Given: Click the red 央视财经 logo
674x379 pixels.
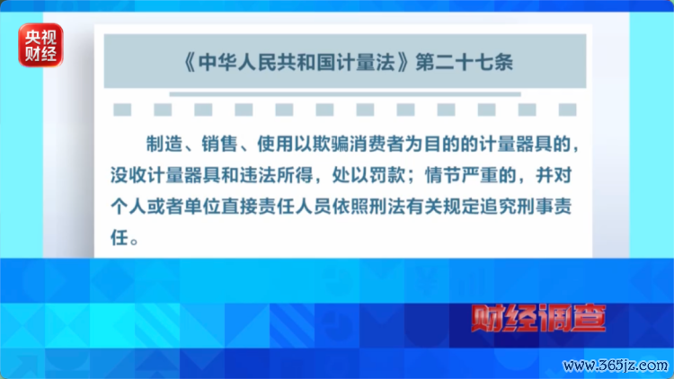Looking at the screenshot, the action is tap(40, 45).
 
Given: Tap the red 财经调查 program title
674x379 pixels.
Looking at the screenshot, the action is tap(538, 318).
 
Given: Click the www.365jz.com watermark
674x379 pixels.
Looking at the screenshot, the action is tap(616, 366).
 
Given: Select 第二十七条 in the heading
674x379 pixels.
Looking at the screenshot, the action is tap(465, 62).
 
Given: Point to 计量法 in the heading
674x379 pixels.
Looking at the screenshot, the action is tap(367, 62).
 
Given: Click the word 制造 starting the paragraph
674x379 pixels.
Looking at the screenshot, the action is tap(164, 144).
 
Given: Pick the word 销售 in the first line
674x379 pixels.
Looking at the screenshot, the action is tap(219, 144).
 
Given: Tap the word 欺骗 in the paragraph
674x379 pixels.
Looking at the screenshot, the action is tap(331, 144).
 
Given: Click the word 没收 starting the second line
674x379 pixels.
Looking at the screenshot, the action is tap(129, 175).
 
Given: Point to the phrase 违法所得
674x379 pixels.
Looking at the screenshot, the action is tap(276, 175).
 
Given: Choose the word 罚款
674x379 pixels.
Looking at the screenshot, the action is tap(386, 175).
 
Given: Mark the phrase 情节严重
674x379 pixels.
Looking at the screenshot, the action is tap(461, 175).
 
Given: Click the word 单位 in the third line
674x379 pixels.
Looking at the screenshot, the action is tap(202, 207).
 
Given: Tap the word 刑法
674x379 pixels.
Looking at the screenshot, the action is tap(386, 207).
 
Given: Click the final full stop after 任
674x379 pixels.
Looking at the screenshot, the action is tap(134, 242).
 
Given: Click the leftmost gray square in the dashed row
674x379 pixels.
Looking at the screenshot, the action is tap(122, 110).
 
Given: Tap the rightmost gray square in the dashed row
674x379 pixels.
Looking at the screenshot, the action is tap(567, 110).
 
